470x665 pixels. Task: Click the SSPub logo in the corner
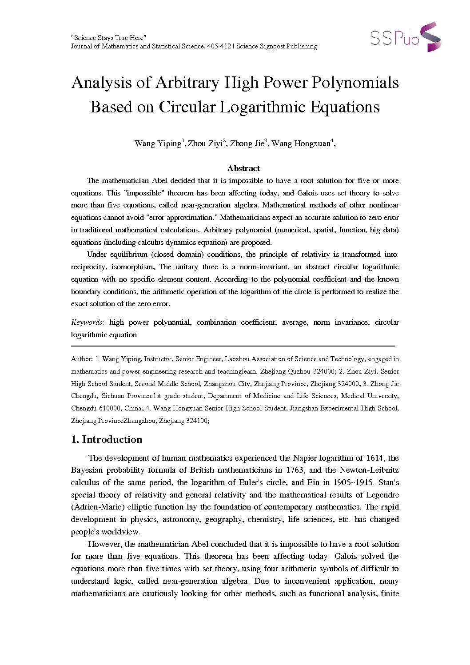click(406, 37)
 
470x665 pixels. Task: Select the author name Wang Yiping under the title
click(158, 143)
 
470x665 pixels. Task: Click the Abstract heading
click(243, 168)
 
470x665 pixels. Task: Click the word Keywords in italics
click(87, 323)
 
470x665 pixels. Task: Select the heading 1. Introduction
click(107, 439)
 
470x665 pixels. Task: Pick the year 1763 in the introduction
click(293, 470)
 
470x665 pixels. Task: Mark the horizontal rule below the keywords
click(233, 346)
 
